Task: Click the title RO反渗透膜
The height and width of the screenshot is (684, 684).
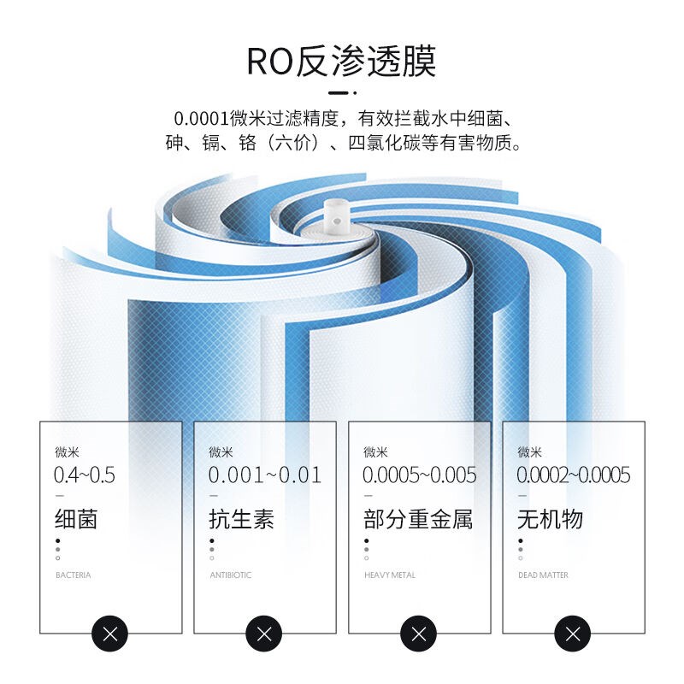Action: click(341, 62)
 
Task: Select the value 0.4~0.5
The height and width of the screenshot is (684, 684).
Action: click(85, 475)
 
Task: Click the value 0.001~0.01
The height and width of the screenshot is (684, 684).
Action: click(265, 475)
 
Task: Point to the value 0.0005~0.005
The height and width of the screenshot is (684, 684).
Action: click(420, 475)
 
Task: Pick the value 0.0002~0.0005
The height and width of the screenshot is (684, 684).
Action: click(574, 475)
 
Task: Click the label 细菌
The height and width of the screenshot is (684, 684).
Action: click(76, 518)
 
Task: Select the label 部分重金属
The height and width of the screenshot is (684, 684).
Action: click(418, 518)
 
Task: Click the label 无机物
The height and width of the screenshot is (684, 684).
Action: click(550, 518)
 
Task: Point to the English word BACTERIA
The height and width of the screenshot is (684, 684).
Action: click(73, 575)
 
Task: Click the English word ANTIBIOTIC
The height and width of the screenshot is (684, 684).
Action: click(231, 575)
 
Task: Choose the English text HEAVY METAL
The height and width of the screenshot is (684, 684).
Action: click(390, 575)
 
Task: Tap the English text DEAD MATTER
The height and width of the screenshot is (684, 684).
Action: click(543, 575)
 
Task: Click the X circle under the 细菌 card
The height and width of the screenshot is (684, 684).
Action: click(109, 634)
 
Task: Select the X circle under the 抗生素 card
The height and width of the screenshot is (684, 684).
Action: click(263, 634)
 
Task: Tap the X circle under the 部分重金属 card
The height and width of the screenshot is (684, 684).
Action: click(418, 634)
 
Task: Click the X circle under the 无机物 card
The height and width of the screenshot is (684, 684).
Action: click(572, 634)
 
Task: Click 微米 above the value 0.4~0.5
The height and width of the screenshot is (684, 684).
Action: click(67, 452)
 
